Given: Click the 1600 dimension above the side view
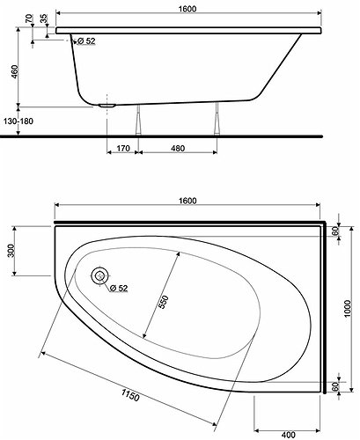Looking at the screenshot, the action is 187,9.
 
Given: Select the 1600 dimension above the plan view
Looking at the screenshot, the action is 187,201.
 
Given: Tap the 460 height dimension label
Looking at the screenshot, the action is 14,72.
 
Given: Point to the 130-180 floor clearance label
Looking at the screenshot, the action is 18,121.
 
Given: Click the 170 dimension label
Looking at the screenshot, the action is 123,149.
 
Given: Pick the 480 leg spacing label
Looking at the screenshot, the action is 178,149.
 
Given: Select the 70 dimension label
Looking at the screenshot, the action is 29,19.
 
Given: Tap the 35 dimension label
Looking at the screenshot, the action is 43,19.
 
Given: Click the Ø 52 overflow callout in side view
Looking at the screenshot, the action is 87,41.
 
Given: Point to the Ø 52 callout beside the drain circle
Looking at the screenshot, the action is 119,288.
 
